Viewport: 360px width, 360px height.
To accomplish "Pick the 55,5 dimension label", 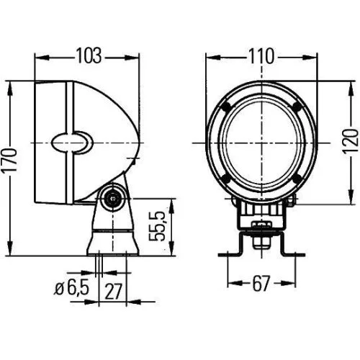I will pos(162,225).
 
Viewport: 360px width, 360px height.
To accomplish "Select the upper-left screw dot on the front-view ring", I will pos(226,106).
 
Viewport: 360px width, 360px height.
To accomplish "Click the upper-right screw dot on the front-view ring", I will pos(296,106).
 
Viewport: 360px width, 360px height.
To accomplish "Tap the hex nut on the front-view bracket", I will pos(261,230).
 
